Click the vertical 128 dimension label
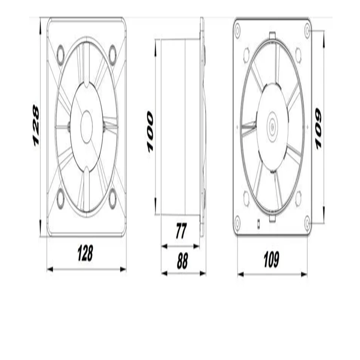[x=36, y=126]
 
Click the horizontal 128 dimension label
[x=85, y=253]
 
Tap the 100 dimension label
[x=150, y=132]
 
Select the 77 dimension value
[x=181, y=231]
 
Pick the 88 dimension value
[x=182, y=261]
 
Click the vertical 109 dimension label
[x=318, y=129]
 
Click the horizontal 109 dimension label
[x=271, y=260]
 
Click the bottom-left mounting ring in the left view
[x=60, y=199]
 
